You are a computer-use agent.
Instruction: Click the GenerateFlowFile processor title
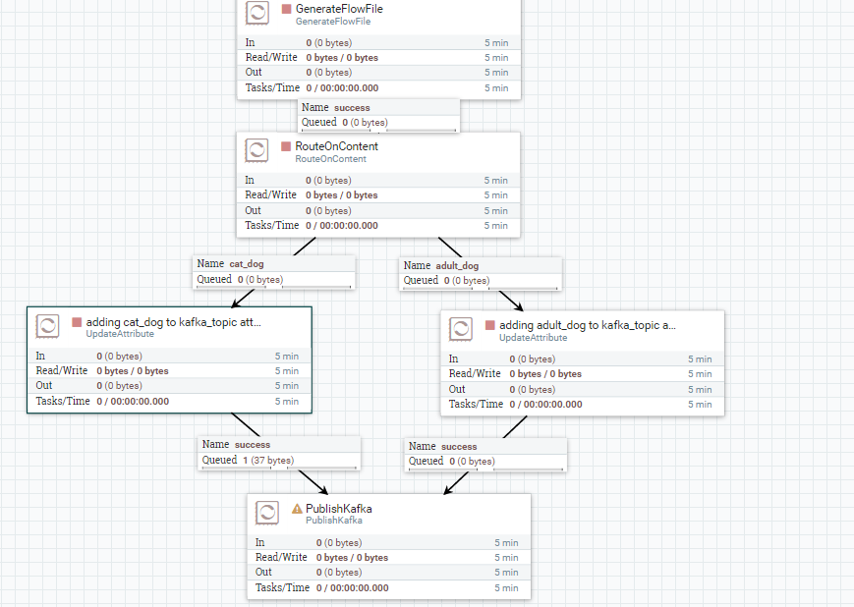[339, 9]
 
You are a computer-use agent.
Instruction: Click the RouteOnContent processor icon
[256, 150]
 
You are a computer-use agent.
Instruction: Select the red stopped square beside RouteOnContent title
[286, 146]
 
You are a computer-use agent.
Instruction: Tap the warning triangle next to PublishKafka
[297, 509]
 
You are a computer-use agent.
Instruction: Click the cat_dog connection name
[246, 264]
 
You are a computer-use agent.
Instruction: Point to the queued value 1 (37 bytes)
[267, 460]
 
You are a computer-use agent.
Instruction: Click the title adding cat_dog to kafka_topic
[174, 322]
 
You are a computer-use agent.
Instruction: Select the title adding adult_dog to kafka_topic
[588, 325]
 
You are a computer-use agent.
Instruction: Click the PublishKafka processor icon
[266, 513]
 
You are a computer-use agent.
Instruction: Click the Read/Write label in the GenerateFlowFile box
[271, 58]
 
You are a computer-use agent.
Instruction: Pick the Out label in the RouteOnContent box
[254, 210]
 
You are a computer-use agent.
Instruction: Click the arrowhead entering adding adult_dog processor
[518, 306]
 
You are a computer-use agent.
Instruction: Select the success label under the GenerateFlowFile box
[352, 108]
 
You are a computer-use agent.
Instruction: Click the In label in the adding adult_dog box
[454, 359]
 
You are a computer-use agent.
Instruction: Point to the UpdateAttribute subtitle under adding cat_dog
[120, 334]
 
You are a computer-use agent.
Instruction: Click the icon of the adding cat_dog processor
[47, 326]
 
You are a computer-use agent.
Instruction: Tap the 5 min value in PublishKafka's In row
[506, 543]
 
